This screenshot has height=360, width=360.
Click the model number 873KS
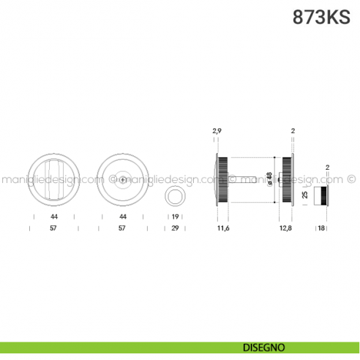click(x=321, y=17)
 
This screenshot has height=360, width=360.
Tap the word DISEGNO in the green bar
click(x=264, y=348)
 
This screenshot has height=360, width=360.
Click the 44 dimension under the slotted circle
click(x=54, y=217)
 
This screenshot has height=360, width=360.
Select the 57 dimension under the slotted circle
click(x=53, y=228)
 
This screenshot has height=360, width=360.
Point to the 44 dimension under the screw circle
click(x=123, y=217)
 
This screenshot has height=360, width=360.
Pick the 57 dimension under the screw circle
click(x=122, y=228)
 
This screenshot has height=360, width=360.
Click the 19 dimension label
click(x=176, y=217)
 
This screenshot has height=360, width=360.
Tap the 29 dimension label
click(x=175, y=228)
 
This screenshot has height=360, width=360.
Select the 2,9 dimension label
click(x=217, y=131)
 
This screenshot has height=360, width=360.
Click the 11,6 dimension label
click(x=223, y=228)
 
